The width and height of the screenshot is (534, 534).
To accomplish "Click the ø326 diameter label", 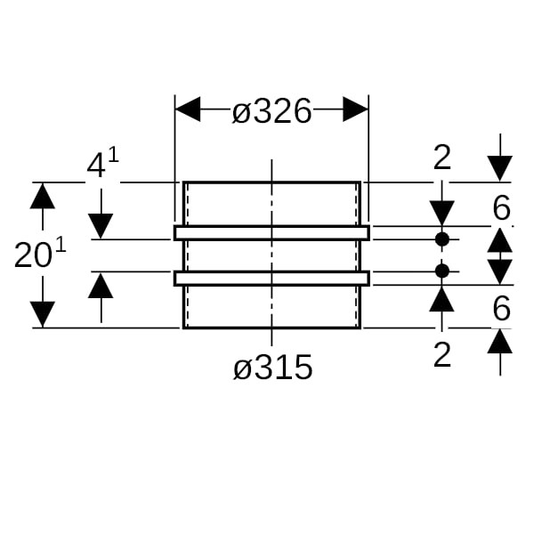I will click(271, 111).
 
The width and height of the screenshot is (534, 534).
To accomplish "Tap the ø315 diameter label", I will click(273, 367).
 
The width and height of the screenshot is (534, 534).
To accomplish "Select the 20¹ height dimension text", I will click(40, 256).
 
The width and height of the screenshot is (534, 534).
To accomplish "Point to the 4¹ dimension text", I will click(101, 165).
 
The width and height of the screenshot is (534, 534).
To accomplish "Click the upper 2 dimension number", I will click(442, 158).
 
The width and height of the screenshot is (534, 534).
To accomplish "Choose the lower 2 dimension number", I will click(442, 355).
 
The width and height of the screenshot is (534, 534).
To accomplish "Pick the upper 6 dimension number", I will click(501, 208).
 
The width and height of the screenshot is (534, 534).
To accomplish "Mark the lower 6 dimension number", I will click(501, 310).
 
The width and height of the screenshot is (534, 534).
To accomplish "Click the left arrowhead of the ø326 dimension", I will click(188, 109).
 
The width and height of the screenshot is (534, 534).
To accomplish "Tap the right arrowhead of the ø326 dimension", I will click(355, 109).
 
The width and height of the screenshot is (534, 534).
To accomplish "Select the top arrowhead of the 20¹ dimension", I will click(43, 195).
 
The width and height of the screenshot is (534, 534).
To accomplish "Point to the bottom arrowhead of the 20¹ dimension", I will click(43, 314).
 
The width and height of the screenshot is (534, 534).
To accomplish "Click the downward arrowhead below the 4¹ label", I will click(101, 226).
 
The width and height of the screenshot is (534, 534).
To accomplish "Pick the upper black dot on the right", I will click(442, 239).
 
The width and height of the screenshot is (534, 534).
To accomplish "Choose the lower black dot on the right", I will click(442, 270).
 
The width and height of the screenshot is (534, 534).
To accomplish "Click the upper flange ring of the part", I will click(271, 233).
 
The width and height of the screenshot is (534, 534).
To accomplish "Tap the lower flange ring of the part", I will click(271, 278).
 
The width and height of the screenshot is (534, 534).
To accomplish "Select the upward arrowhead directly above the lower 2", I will click(442, 297).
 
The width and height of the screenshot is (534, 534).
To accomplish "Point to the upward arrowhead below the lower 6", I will click(500, 341).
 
